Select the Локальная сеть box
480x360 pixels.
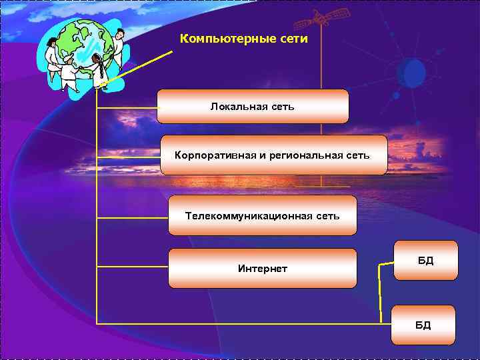(x=253, y=107)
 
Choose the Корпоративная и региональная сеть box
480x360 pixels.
(x=273, y=155)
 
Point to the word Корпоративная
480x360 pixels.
(x=215, y=155)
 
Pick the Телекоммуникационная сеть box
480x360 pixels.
(x=262, y=215)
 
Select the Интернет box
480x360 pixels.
(x=262, y=268)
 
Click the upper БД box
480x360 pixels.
(x=425, y=260)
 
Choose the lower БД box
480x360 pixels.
(x=423, y=325)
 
